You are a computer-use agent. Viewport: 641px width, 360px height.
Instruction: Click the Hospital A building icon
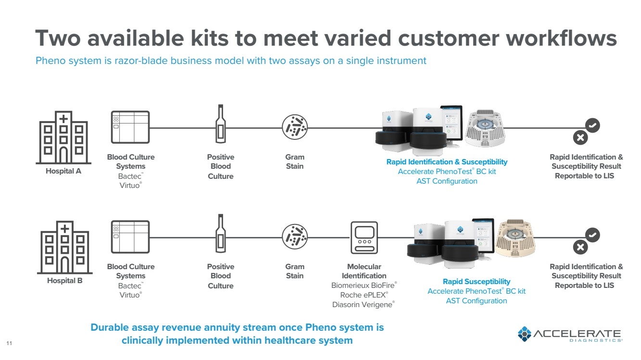point(63,137)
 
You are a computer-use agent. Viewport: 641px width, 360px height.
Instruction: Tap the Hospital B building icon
point(64,247)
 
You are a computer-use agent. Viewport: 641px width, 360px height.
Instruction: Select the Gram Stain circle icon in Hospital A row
point(294,127)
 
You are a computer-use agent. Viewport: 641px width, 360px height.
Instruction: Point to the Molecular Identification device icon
point(364,237)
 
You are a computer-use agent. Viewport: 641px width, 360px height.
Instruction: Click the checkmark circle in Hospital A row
point(592,125)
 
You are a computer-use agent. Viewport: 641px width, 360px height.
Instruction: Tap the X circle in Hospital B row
point(580,247)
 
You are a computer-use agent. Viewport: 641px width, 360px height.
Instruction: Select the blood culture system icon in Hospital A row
point(130,127)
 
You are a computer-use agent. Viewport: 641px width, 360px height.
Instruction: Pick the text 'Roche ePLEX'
point(364,295)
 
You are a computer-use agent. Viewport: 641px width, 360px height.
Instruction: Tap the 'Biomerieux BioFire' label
point(364,286)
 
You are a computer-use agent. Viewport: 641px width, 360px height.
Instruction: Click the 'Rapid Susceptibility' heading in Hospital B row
point(477,282)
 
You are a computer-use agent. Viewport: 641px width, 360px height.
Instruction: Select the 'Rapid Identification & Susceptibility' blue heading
point(447,162)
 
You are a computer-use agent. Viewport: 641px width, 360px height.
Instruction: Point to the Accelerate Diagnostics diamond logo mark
point(525,334)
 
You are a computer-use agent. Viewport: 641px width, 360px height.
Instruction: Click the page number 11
point(9,343)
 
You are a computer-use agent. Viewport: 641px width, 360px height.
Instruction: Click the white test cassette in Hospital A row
point(485,128)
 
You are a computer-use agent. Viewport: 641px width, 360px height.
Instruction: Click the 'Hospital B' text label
point(64,281)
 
